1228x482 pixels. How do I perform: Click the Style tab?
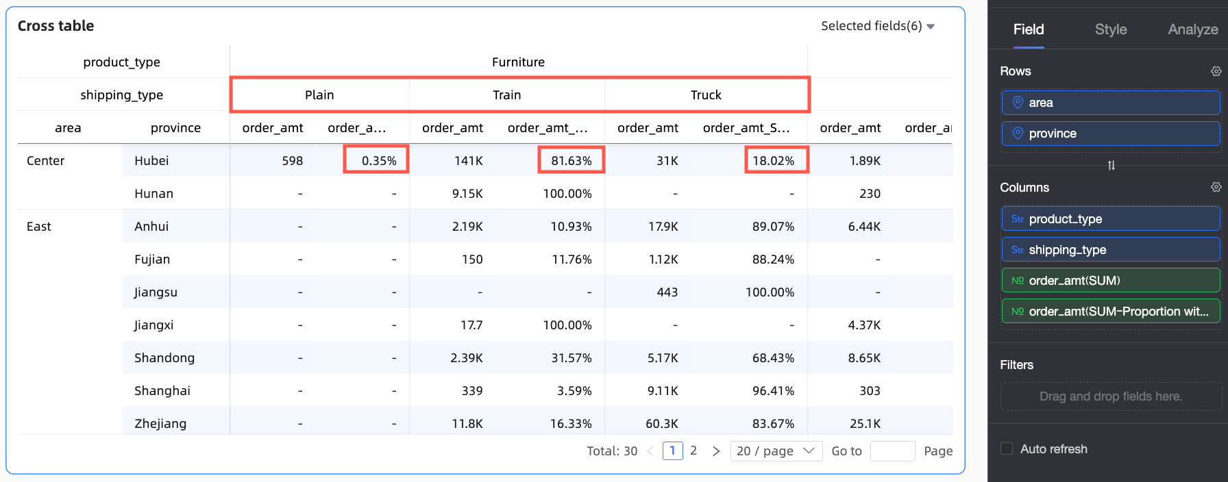coord(1110,29)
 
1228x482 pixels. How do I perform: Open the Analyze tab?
coord(1192,29)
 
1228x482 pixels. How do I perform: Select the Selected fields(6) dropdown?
coord(877,26)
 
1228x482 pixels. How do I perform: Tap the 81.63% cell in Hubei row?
coord(571,161)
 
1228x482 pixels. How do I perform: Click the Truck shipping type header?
coord(706,95)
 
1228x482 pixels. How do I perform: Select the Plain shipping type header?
coord(319,95)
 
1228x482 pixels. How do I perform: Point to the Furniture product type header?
coord(518,62)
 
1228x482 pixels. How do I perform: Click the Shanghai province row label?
coord(162,391)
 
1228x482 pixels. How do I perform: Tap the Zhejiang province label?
coord(160,424)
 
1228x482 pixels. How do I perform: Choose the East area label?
coord(39,227)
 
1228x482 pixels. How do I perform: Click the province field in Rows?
coord(1110,134)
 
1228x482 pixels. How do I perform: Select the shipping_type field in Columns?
coord(1110,250)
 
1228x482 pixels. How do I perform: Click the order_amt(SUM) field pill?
coord(1110,281)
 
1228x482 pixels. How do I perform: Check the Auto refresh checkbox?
coord(1007,449)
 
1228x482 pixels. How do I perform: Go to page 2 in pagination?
coord(693,451)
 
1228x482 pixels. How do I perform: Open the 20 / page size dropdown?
coord(776,451)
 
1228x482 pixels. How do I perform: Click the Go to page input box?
coord(892,451)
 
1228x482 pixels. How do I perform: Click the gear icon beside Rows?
coord(1216,71)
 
